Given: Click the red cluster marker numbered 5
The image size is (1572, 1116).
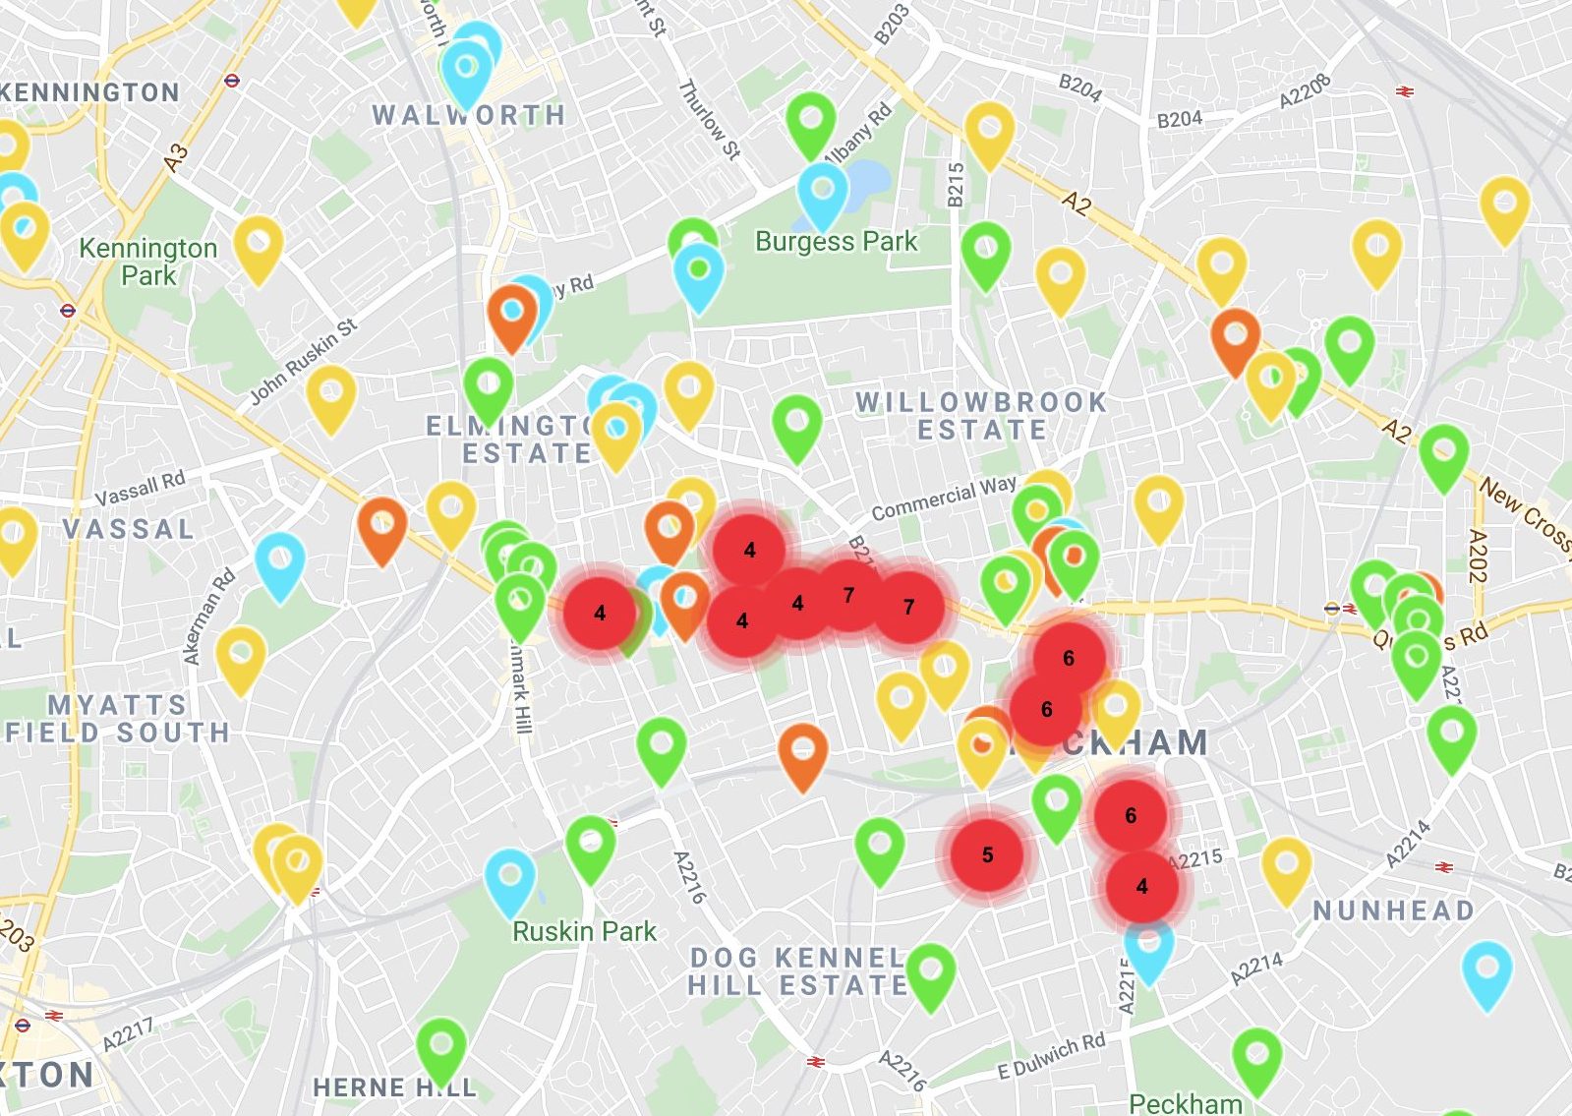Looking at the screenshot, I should [987, 855].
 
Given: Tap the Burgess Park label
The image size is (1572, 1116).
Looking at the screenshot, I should [836, 242].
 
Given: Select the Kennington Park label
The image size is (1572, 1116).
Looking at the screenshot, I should [147, 262].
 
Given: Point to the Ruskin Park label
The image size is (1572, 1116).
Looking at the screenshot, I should [584, 931].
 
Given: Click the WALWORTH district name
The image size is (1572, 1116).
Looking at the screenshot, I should [469, 115].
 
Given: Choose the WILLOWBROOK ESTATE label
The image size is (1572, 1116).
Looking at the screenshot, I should [981, 416].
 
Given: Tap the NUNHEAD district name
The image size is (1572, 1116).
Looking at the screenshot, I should [1393, 910].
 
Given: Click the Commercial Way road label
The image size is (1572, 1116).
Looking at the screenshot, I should [944, 498].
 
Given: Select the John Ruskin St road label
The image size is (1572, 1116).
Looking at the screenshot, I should [303, 361].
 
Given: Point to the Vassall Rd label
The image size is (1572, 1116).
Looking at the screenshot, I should [140, 487].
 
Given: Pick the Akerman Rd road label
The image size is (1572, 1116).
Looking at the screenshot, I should [209, 617].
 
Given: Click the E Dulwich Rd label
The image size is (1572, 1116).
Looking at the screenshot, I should [1051, 1057].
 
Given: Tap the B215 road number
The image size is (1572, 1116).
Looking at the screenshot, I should [956, 184].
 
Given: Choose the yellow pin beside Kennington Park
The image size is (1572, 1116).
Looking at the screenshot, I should [259, 246].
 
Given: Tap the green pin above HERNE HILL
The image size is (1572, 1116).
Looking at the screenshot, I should [441, 1046].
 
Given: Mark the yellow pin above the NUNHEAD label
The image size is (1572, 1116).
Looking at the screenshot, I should [1286, 866].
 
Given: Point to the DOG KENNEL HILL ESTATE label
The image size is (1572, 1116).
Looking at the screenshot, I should [796, 971].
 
